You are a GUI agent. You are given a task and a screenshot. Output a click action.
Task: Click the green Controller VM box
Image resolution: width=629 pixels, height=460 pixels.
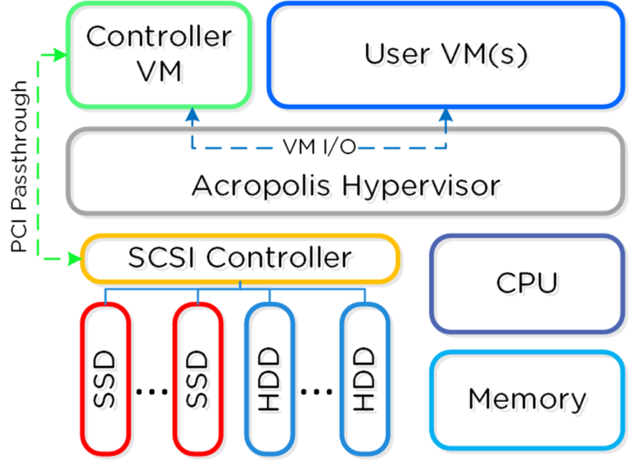(x=159, y=54)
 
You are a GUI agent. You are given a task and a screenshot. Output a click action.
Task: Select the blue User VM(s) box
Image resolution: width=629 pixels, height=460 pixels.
(x=446, y=54)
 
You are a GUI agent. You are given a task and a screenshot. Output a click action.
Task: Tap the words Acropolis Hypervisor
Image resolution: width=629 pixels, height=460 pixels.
(x=345, y=186)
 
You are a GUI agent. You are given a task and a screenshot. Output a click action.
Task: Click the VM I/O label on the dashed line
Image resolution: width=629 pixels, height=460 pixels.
(x=319, y=147)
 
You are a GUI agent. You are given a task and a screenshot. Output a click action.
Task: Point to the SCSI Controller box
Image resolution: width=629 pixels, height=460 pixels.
(x=240, y=258)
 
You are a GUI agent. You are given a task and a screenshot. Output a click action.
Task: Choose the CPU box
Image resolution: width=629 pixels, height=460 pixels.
(x=527, y=282)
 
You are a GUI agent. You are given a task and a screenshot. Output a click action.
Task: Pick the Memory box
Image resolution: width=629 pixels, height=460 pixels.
(x=527, y=399)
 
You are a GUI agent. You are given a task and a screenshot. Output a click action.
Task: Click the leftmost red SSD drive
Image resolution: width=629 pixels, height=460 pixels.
(x=105, y=379)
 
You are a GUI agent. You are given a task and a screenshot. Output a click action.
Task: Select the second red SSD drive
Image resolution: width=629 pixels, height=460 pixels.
(x=197, y=379)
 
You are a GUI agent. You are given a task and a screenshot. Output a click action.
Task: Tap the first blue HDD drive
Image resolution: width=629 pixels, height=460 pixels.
(x=270, y=379)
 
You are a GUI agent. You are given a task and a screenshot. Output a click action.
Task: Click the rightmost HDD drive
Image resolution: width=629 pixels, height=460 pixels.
(x=364, y=379)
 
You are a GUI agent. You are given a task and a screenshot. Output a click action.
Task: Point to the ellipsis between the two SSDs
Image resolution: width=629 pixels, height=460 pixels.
(x=151, y=392)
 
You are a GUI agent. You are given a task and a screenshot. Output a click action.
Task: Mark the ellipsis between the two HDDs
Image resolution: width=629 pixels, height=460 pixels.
(x=317, y=392)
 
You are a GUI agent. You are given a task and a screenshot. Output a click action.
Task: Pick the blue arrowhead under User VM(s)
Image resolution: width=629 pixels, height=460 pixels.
(x=446, y=115)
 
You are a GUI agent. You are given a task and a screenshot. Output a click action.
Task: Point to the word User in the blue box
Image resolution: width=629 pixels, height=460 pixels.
(x=396, y=54)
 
